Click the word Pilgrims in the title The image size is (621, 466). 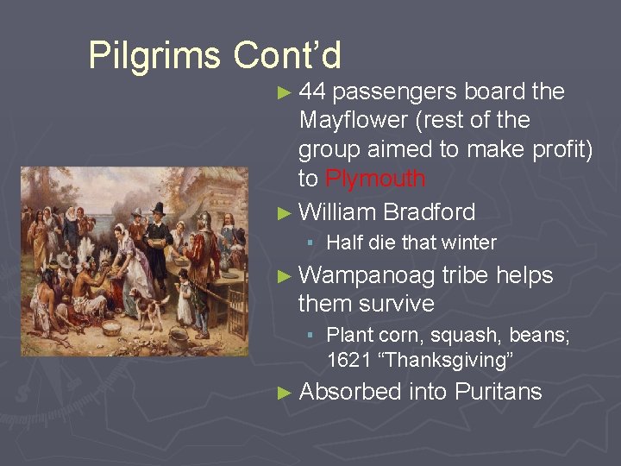pos(154,56)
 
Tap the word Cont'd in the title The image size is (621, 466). pos(287,56)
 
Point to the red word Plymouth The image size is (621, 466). pos(375,179)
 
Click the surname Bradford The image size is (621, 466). pos(429,211)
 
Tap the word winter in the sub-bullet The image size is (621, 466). pos(468,243)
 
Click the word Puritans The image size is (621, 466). pos(498,392)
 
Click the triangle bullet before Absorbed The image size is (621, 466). pos(286,393)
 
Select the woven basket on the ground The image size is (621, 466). pos(111,329)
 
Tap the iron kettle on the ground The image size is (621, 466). pos(178,338)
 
